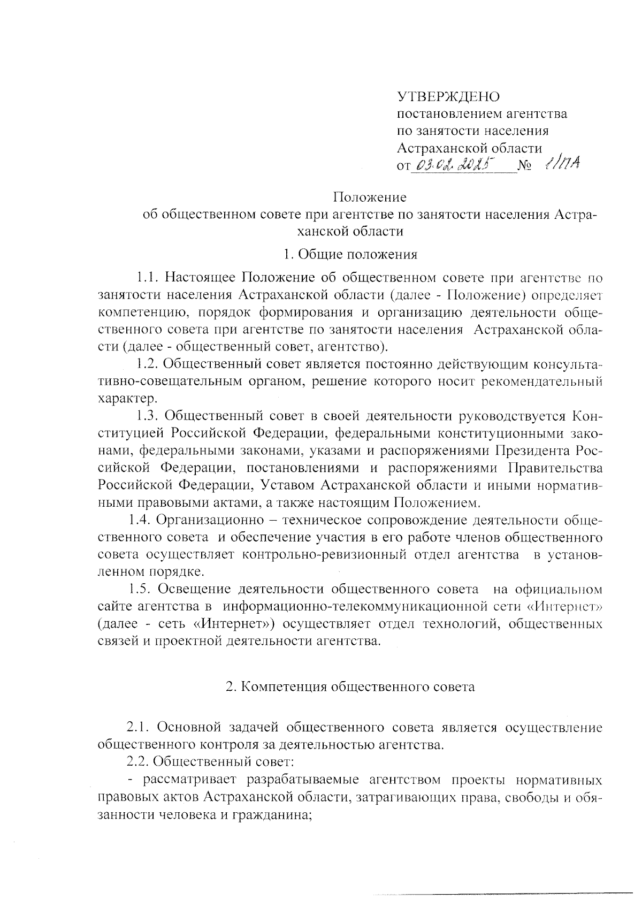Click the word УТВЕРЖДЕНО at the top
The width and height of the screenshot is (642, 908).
coord(448,97)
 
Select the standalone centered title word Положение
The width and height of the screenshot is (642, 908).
coord(370,197)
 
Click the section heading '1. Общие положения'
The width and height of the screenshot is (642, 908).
coord(350,254)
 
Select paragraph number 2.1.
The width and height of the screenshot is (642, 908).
coord(138,727)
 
